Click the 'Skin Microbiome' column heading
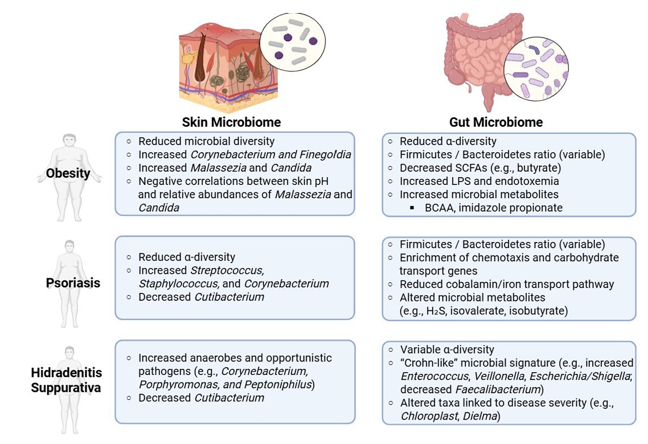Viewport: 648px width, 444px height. point(231,122)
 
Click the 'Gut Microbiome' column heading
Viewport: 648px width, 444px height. point(496,122)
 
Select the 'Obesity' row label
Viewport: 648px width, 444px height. point(68,173)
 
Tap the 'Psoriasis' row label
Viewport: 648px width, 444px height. point(73,282)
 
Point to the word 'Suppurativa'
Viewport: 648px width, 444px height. point(66,388)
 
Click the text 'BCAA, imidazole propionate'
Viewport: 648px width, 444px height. point(493,208)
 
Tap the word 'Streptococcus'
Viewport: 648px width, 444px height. point(227,270)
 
